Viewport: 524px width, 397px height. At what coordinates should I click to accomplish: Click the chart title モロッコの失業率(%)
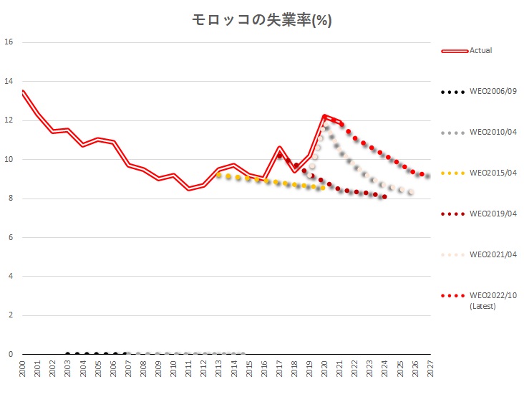261,20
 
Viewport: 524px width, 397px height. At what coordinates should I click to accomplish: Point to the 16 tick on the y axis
9,42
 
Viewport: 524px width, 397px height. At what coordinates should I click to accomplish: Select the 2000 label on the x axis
23,368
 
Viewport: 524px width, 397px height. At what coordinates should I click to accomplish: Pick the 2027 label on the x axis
428,368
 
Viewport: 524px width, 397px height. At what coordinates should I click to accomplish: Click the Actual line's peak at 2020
324,115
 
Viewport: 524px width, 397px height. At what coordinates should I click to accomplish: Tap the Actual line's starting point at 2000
23,92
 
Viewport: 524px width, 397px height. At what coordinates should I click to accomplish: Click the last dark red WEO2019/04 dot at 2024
384,196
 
